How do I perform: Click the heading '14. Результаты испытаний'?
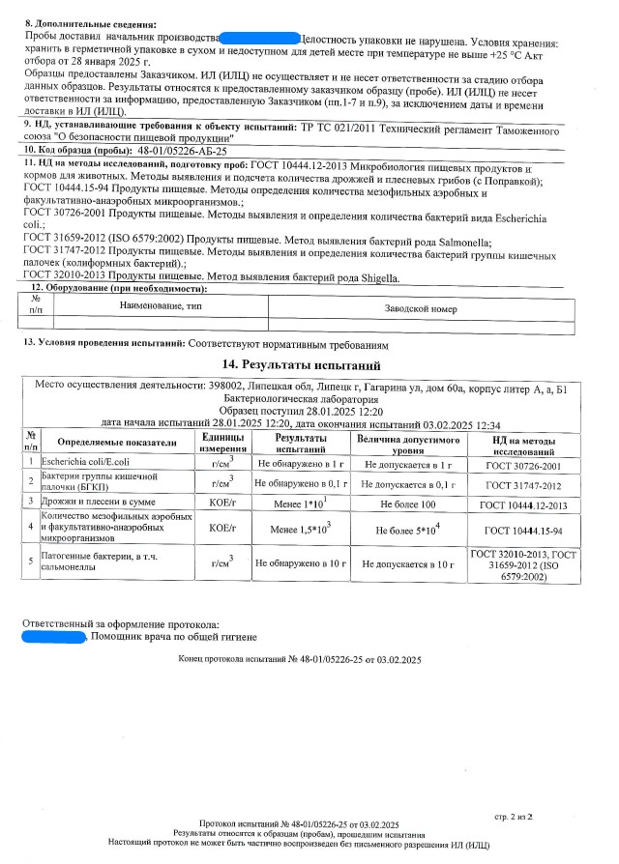(x=309, y=365)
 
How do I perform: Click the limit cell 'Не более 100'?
(x=409, y=504)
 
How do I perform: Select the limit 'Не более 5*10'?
(x=409, y=530)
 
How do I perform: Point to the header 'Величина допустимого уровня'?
(x=409, y=444)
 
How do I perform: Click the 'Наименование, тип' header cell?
(x=161, y=305)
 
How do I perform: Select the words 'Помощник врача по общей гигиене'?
(x=175, y=637)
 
